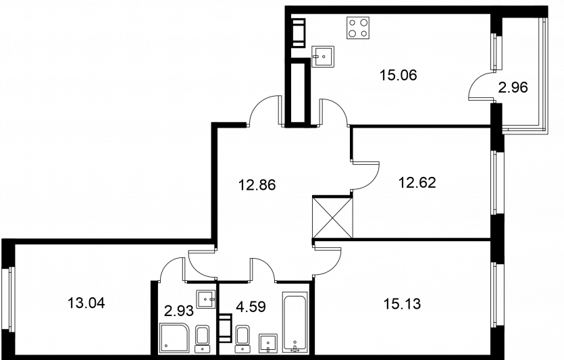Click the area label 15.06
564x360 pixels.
[x=399, y=76]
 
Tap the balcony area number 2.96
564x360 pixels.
[x=513, y=87]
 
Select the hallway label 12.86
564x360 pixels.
[x=257, y=185]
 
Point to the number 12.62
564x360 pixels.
[x=417, y=182]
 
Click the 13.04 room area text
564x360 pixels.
[x=86, y=303]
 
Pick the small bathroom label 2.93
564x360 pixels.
[x=179, y=311]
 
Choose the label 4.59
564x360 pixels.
[x=251, y=307]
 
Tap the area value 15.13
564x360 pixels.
[x=402, y=304]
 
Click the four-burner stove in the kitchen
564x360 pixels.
[x=358, y=28]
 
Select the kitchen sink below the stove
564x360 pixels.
[x=323, y=57]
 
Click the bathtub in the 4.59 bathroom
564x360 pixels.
[x=295, y=322]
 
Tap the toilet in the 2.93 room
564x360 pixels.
[x=203, y=339]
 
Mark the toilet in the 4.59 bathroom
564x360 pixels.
[x=242, y=339]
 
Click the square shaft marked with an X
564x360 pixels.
[x=332, y=217]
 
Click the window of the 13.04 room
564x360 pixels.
[x=9, y=299]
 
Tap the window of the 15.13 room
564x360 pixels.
[x=498, y=294]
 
